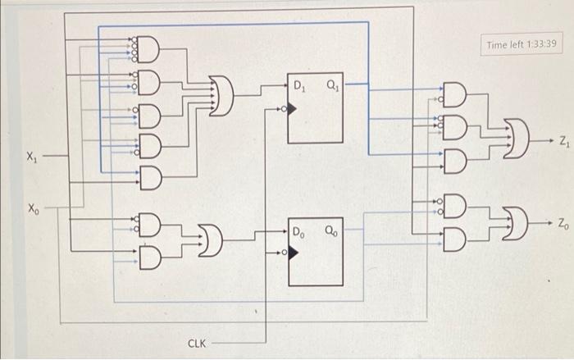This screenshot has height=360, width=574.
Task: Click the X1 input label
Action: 32,157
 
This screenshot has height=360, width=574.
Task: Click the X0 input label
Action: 34,209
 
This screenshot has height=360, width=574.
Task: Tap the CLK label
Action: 197,344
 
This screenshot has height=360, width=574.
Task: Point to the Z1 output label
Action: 564,141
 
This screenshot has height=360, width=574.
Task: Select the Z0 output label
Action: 563,223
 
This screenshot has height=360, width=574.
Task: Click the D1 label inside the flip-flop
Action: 299,86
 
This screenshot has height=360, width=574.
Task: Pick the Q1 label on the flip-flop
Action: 333,85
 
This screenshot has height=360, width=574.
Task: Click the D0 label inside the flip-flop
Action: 298,233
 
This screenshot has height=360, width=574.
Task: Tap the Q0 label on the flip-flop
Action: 331,231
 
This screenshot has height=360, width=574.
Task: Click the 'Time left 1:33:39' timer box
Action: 522,44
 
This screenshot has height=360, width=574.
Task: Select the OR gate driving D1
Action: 221,96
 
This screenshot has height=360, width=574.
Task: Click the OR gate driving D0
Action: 210,240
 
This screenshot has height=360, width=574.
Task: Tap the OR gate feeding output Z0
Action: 516,223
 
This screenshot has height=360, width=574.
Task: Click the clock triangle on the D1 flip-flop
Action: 292,109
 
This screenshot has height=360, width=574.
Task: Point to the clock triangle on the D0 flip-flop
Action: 293,253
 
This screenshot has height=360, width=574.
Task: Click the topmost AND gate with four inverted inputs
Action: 148,49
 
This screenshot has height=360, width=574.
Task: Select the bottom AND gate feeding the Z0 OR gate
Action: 454,239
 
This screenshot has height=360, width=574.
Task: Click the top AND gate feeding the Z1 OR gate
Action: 454,94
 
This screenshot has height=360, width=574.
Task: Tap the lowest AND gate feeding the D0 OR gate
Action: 150,257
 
